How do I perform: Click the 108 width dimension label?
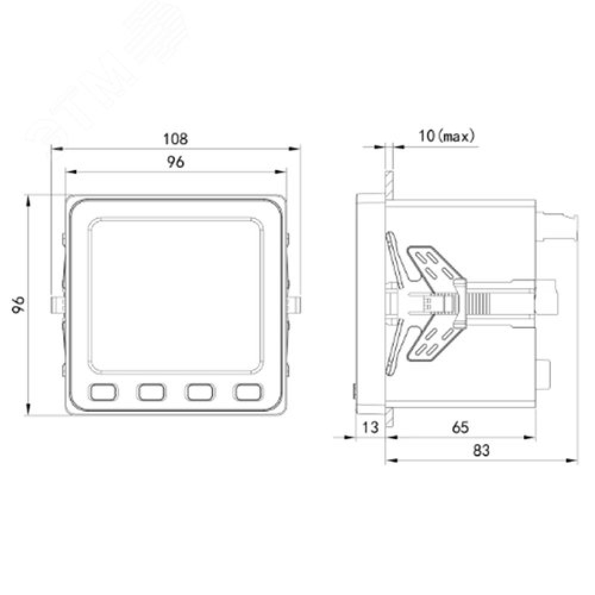[x=176, y=139]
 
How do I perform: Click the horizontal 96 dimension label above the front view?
[x=176, y=162]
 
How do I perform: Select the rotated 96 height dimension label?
[x=18, y=305]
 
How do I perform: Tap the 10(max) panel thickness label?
[x=446, y=136]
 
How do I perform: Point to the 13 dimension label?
[x=370, y=427]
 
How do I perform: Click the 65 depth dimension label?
[x=461, y=428]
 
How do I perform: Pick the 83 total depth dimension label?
[x=481, y=451]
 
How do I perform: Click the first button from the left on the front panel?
[x=103, y=392]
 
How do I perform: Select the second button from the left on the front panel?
[x=151, y=392]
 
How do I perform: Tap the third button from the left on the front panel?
[x=200, y=392]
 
